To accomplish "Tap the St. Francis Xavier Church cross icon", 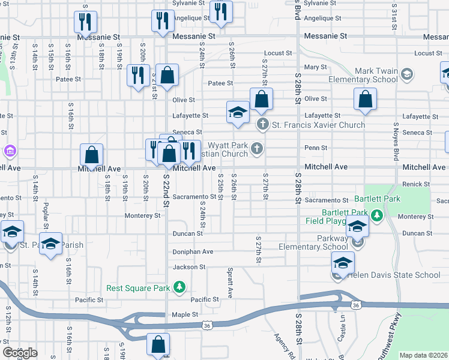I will coord(262,125).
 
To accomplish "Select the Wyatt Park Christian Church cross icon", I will coord(257,148).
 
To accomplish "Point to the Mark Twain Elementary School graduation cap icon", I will coord(407,74).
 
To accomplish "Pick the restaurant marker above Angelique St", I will coord(221,12).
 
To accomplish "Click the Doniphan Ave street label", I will coord(193,252).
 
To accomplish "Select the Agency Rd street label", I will coord(283,347).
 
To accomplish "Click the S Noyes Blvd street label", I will coord(396,142).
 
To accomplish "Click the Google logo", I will coord(20,352).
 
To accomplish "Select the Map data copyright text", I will coord(423,355).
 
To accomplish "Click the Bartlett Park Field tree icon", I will coord(376,215).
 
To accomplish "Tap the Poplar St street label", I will coord(46,215).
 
